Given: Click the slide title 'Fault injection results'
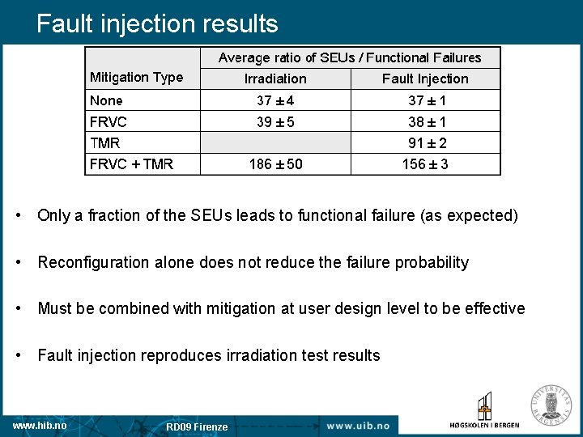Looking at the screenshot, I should coord(157,23).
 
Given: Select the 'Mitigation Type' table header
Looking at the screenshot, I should coord(136,78).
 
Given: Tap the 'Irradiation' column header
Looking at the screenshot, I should coord(275,78).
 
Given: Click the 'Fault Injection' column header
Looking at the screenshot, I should coord(425,78).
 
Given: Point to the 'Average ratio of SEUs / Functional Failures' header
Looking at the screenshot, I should coord(350,57).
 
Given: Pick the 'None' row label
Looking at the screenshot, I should coord(107,100).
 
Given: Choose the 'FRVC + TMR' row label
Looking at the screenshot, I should coord(131,164).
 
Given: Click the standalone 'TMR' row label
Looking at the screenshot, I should coord(105,143).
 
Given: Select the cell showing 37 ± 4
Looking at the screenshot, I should coord(275,100).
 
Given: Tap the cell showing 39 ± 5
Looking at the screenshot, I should coord(275,121).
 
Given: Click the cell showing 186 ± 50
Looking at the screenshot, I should coord(275,164).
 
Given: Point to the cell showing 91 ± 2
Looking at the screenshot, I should coord(427,143).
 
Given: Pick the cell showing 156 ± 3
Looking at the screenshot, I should coord(425,164).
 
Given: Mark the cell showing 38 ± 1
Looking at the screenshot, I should coord(427,122).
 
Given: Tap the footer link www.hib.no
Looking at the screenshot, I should coord(40,425).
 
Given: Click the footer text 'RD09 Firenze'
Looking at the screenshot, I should coord(197,426).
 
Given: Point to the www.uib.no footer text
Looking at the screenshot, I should coord(358,426).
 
